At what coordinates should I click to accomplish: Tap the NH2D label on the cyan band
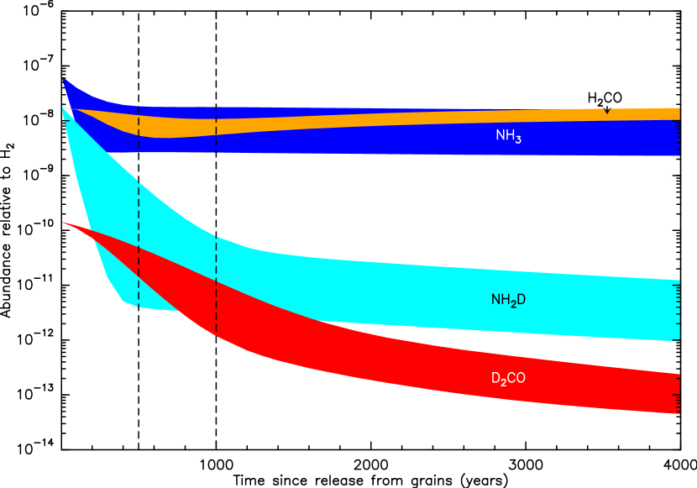point(508,300)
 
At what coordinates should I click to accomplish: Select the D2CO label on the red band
point(508,379)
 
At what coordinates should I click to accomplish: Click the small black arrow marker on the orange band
point(606,109)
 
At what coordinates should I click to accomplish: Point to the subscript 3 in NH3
point(518,139)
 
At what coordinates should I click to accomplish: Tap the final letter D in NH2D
point(521,299)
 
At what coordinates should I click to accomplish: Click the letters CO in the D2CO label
point(516,378)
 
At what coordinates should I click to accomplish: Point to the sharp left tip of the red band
point(63,223)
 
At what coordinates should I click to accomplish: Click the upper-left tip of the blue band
point(64,80)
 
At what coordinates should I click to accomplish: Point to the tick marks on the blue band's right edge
point(677,139)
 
